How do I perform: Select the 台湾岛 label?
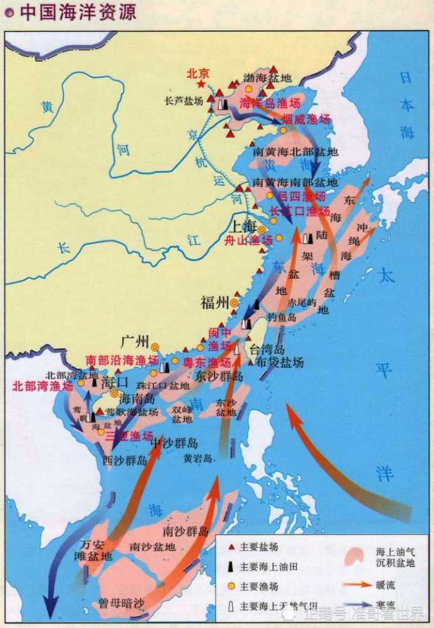click(268, 349)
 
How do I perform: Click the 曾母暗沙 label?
click(122, 604)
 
